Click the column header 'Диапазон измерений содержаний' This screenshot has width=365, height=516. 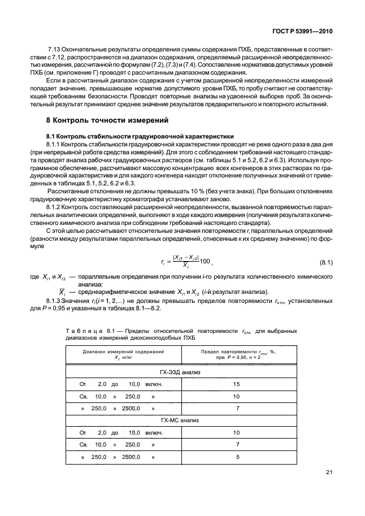pos(123,352)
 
